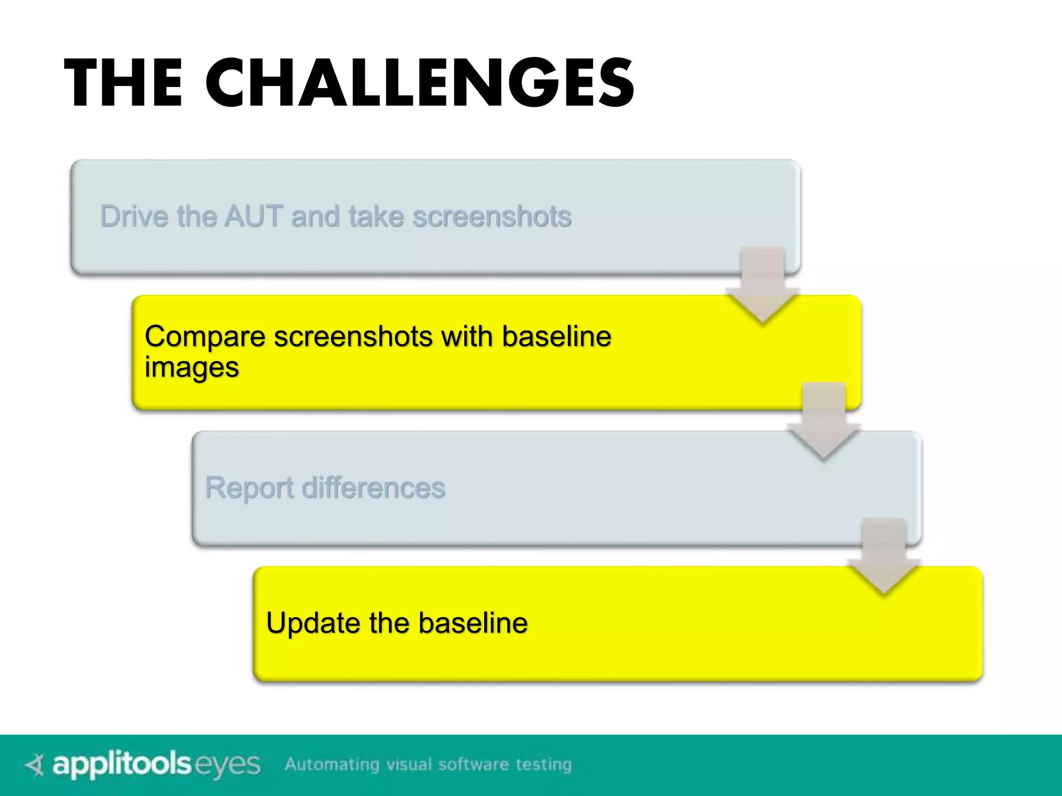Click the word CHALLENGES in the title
420,83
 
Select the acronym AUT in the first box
254,216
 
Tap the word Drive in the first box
134,216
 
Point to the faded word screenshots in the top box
492,217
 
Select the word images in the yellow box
191,368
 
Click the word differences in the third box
373,488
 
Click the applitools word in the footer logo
122,765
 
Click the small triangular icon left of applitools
35,765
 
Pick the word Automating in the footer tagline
332,764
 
